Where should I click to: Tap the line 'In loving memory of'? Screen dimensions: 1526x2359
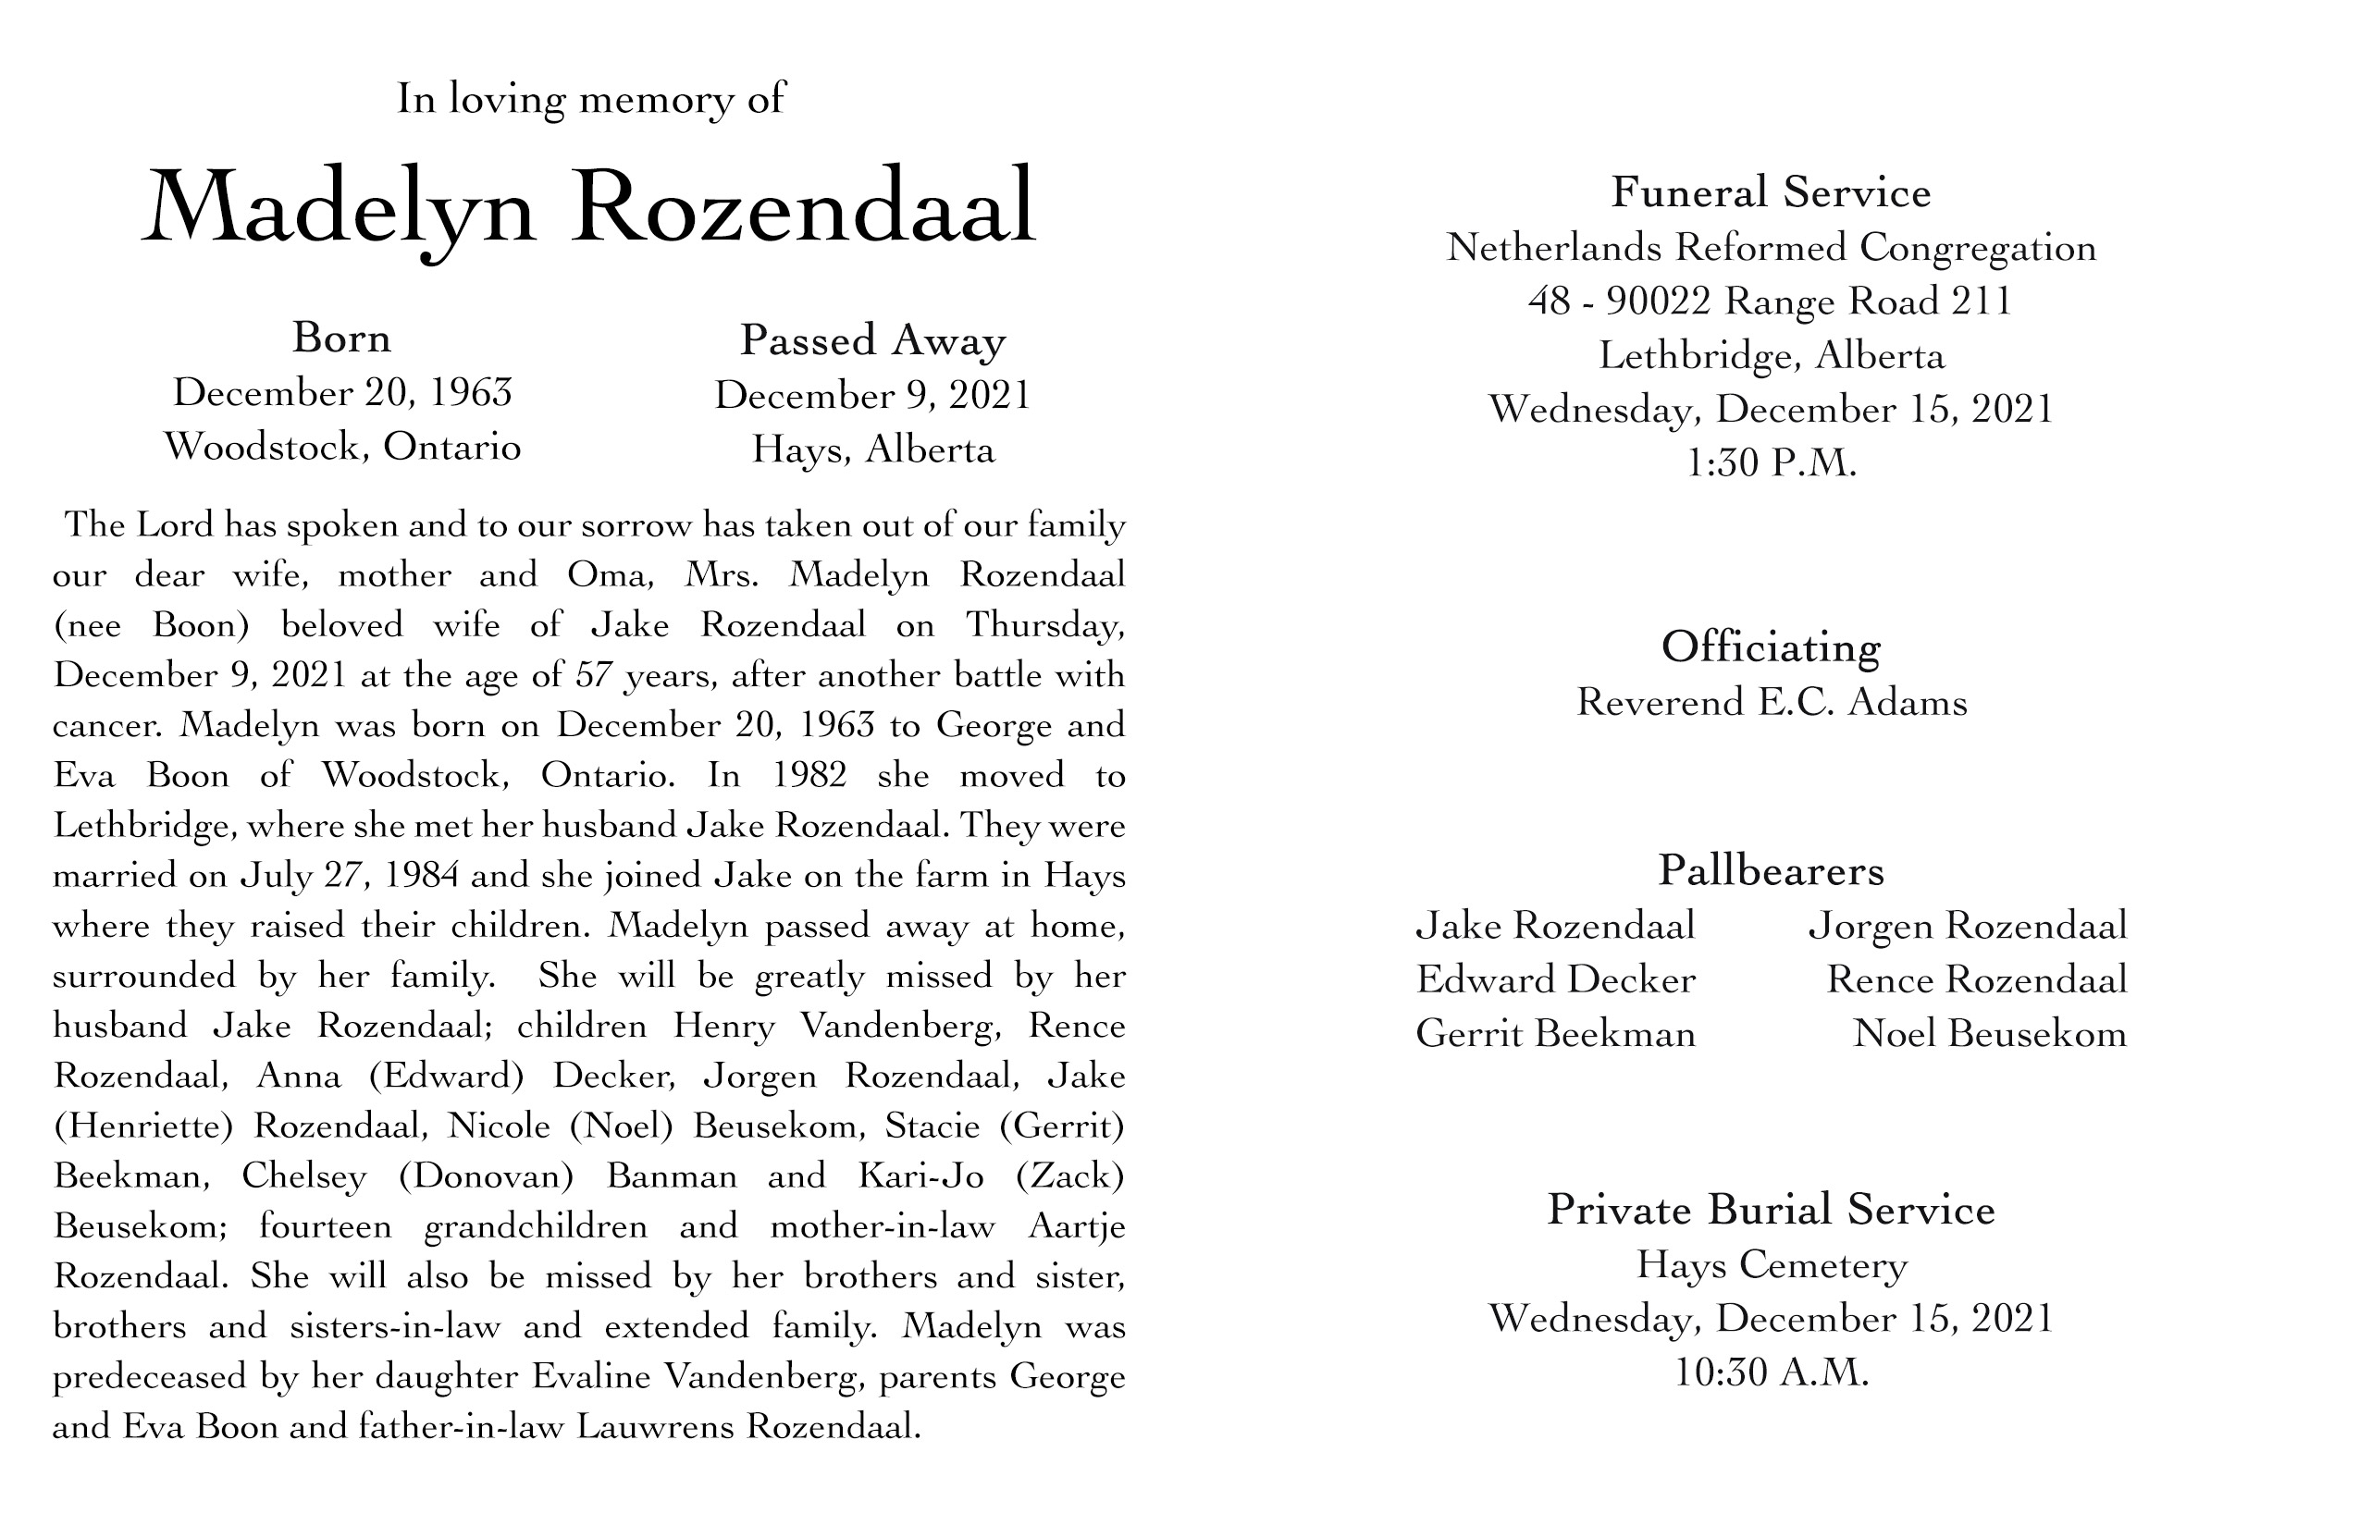(x=591, y=98)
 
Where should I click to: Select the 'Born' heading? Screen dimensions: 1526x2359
(x=342, y=338)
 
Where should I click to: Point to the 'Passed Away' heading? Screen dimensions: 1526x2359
(x=872, y=341)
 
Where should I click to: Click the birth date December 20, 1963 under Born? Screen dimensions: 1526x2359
(x=342, y=393)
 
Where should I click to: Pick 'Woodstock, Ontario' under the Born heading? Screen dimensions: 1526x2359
(x=342, y=447)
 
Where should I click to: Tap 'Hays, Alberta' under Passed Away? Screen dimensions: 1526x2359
(x=872, y=449)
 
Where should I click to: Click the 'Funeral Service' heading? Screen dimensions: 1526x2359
(x=1771, y=192)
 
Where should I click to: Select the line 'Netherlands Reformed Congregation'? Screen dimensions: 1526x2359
(x=1771, y=248)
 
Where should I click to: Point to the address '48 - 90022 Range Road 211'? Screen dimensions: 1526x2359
(x=1771, y=302)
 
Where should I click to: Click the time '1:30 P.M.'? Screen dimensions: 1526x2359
(x=1771, y=462)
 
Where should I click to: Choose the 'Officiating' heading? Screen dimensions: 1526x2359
(x=1771, y=648)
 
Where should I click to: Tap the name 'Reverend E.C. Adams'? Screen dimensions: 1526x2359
(x=1771, y=703)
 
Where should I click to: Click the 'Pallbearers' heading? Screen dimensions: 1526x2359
(x=1771, y=871)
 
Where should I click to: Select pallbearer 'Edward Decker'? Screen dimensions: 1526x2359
(x=1555, y=980)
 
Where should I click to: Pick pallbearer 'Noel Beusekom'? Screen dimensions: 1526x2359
(x=1989, y=1035)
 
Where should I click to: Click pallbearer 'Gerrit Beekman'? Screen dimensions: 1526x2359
(x=1555, y=1035)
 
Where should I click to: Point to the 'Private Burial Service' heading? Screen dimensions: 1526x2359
(x=1771, y=1210)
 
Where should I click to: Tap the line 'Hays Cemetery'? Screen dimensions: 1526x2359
(x=1771, y=1265)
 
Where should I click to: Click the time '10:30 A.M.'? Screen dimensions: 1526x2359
(x=1771, y=1373)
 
